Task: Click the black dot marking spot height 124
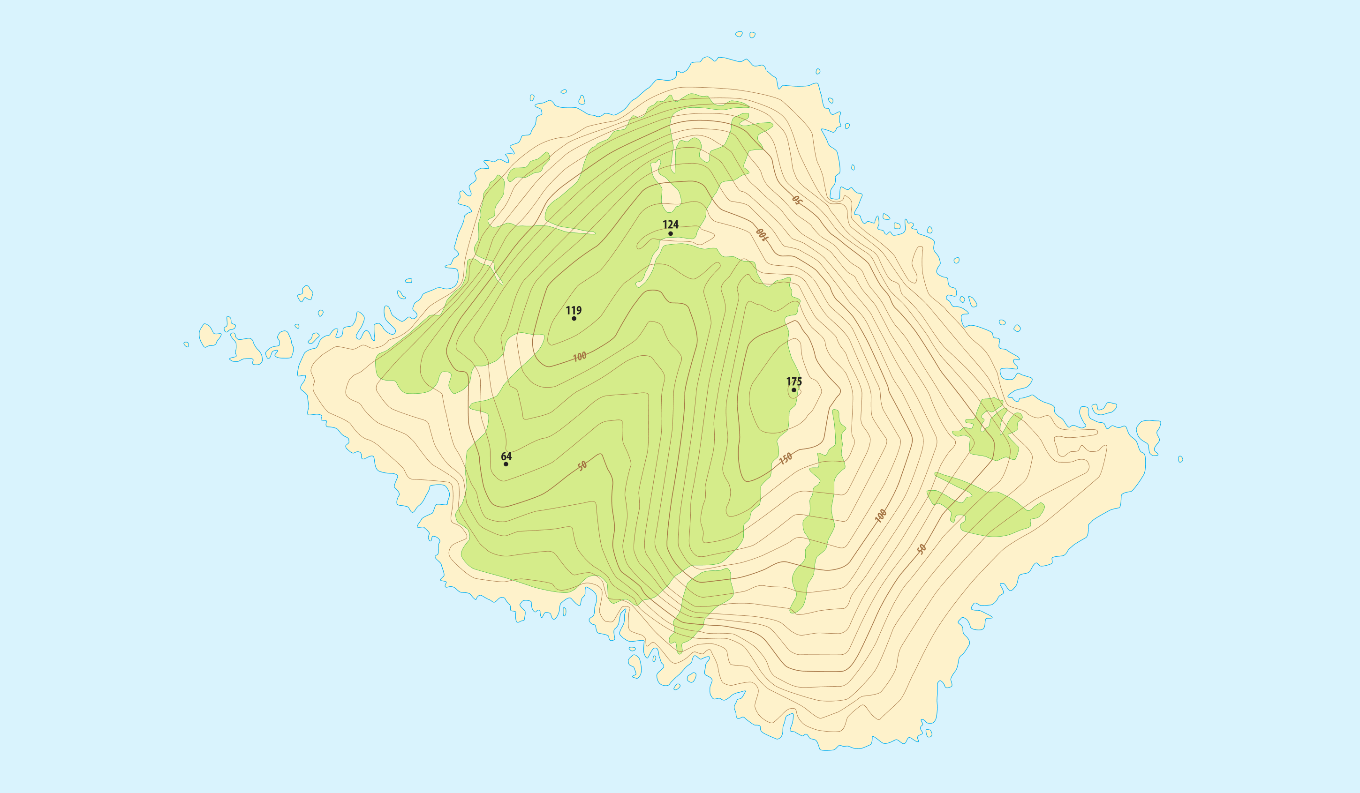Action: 670,233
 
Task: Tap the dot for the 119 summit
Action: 574,318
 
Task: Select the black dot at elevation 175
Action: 793,390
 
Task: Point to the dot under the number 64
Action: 506,464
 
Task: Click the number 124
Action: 670,224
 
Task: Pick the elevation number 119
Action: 573,310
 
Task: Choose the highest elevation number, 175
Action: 794,382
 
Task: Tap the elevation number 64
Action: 506,456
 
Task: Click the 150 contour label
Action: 786,458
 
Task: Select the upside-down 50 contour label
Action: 797,201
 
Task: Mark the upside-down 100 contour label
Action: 761,235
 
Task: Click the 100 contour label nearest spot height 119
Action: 579,357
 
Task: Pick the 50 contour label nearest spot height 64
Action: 582,465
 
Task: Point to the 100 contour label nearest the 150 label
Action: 880,516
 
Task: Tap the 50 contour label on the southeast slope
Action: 921,549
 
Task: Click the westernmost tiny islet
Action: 186,344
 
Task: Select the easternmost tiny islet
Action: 1180,459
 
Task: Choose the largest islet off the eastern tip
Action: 1148,435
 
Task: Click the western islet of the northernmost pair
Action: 739,34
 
